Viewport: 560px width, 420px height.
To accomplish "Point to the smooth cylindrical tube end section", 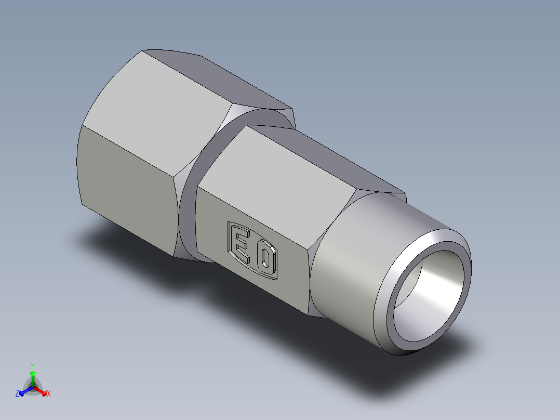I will pyautogui.click(x=353, y=270).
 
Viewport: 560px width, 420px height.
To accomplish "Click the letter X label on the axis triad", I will pyautogui.click(x=49, y=394).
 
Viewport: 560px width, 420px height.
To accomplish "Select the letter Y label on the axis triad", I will pyautogui.click(x=33, y=365).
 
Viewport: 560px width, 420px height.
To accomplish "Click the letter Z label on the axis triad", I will pyautogui.click(x=17, y=394).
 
